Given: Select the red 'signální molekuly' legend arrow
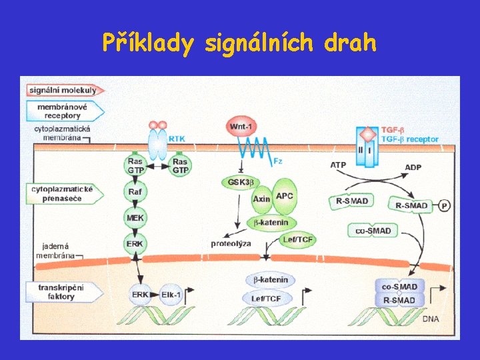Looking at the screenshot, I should (63, 90).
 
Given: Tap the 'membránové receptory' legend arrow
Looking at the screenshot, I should (63, 111).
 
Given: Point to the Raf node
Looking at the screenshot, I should (135, 192).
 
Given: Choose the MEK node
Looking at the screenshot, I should (135, 217).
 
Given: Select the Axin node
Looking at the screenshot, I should (262, 199).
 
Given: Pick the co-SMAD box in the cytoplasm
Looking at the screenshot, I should (373, 231).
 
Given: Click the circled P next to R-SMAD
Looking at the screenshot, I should (445, 205).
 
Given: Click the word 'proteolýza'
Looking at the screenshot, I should (231, 244).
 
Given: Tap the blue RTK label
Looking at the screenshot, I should (177, 139).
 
